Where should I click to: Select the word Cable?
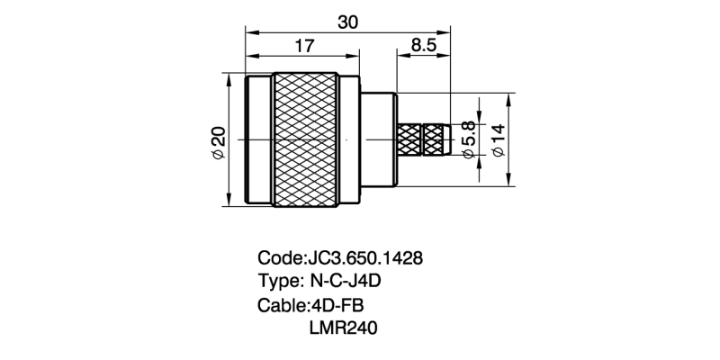(x=281, y=305)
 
